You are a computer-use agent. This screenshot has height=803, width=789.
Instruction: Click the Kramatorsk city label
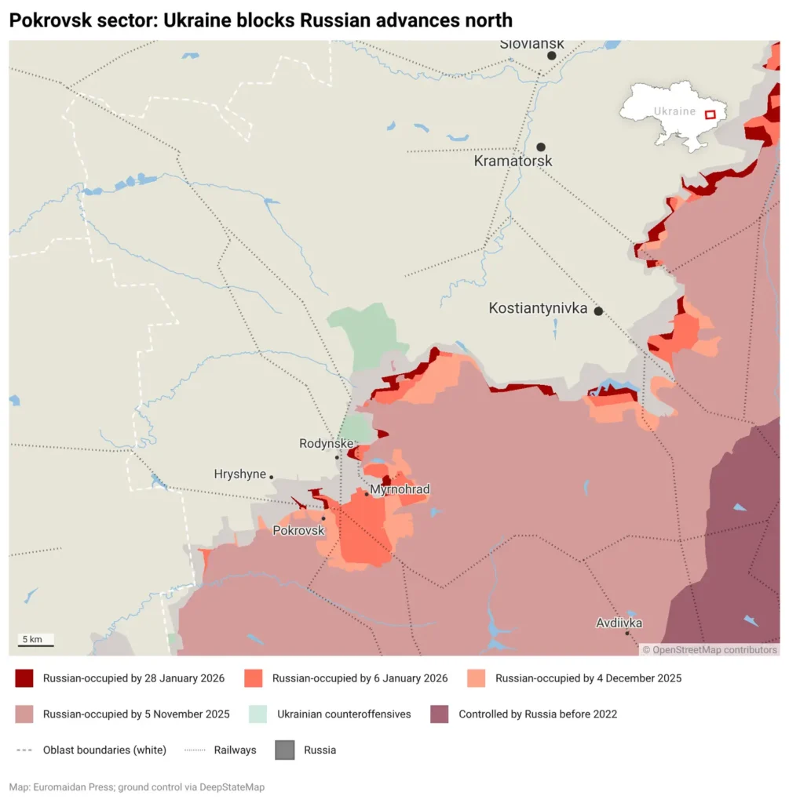[513, 161]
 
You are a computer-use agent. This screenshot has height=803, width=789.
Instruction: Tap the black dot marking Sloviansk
[552, 56]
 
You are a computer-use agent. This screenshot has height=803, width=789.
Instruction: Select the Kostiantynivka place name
[538, 309]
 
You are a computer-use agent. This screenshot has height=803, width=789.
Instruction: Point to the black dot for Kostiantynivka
[598, 311]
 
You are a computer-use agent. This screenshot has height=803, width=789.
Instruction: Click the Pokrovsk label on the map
[298, 531]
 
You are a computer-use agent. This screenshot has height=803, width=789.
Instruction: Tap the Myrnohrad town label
[400, 490]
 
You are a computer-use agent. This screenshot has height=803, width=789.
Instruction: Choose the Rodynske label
[326, 444]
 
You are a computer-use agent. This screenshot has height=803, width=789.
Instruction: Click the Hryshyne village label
[239, 474]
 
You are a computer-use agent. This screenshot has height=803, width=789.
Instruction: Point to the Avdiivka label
[619, 623]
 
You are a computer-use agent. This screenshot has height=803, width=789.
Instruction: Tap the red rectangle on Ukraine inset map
[710, 114]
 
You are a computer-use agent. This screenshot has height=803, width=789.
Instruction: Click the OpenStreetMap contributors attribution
[710, 649]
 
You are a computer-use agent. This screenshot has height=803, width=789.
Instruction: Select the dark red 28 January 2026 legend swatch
[24, 678]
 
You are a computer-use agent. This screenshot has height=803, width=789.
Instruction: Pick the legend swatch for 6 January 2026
[253, 678]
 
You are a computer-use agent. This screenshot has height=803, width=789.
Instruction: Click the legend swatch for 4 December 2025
[476, 678]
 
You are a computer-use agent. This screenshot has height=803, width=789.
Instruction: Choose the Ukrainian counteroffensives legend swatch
[258, 714]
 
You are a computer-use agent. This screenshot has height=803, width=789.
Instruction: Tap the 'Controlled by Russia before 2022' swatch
[440, 714]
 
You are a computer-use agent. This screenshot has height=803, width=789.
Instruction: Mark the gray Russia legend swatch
[285, 750]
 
